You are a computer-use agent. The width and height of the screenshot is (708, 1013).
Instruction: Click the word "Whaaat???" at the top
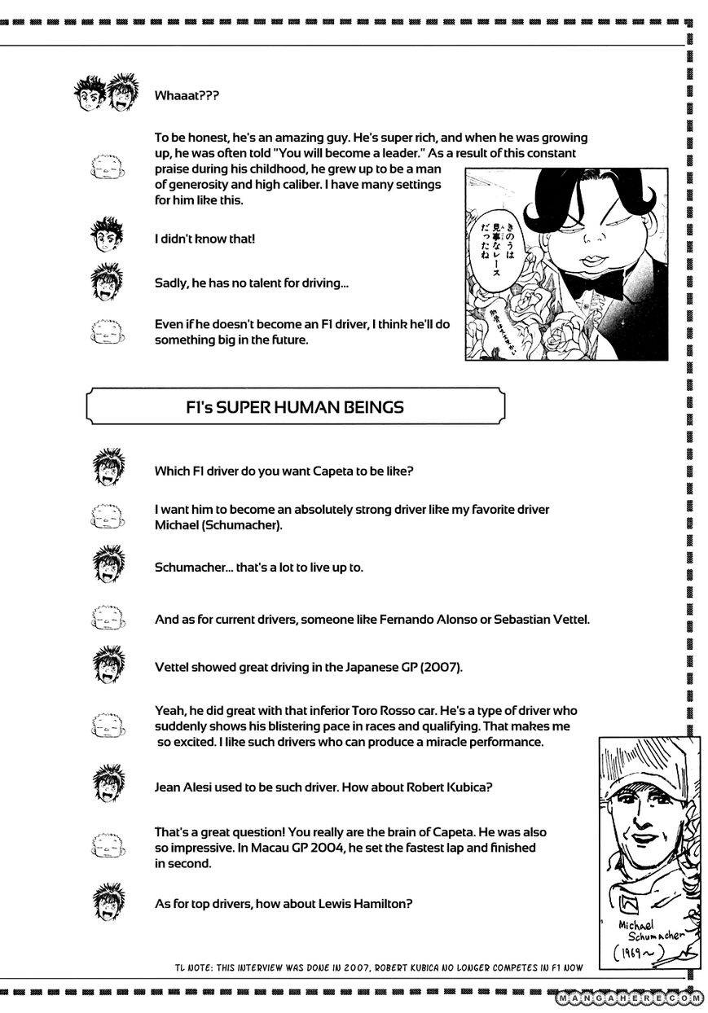coord(187,95)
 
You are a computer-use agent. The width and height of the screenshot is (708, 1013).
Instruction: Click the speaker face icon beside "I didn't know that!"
coord(106,238)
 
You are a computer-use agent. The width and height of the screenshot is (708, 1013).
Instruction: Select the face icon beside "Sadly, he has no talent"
coord(106,283)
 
